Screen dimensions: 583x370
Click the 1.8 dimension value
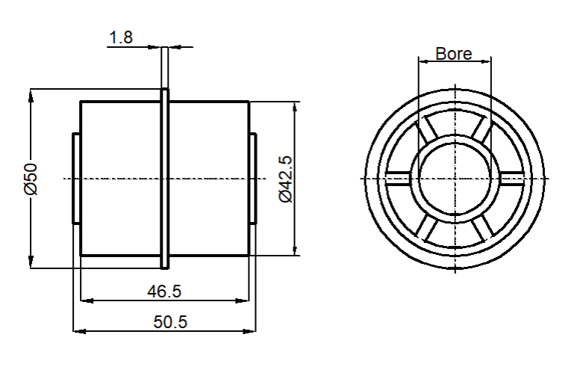(x=121, y=37)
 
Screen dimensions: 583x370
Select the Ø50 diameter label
(x=31, y=179)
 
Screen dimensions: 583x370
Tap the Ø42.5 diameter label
(x=286, y=179)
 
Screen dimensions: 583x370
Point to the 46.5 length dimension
(x=164, y=291)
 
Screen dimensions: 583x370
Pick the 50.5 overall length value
(x=170, y=321)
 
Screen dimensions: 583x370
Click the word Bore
(x=454, y=54)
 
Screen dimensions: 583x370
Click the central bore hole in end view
(x=455, y=179)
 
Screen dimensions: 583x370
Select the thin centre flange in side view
(x=164, y=179)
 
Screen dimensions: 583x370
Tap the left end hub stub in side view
(x=76, y=179)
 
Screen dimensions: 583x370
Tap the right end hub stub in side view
(x=252, y=179)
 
